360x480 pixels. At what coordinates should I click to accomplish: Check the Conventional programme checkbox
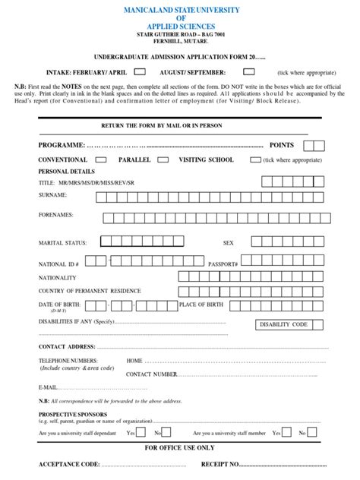pyautogui.click(x=99, y=160)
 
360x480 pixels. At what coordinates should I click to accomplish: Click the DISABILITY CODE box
pyautogui.click(x=284, y=324)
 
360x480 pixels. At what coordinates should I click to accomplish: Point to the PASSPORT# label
pyautogui.click(x=223, y=264)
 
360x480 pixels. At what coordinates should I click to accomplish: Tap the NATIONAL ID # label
pyautogui.click(x=58, y=264)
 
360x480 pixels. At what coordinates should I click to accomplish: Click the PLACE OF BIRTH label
pyautogui.click(x=201, y=305)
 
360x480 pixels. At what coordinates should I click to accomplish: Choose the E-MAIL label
pyautogui.click(x=48, y=387)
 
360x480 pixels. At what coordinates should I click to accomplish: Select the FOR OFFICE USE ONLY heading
pyautogui.click(x=179, y=447)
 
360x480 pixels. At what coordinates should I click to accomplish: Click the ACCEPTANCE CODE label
pyautogui.click(x=69, y=464)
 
